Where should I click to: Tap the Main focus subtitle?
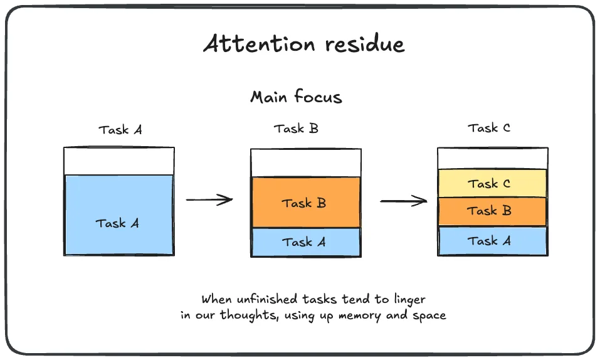(x=296, y=97)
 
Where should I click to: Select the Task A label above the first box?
(x=120, y=130)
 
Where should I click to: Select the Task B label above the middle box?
(x=296, y=129)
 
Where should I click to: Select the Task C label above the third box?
(x=489, y=128)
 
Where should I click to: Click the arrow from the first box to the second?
(x=209, y=200)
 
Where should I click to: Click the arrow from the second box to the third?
(x=404, y=201)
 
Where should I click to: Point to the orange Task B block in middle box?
(x=305, y=203)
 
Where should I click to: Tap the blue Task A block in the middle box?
(x=305, y=242)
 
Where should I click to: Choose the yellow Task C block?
(x=492, y=184)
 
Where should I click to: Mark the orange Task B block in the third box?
(x=492, y=211)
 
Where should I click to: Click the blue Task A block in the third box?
(x=492, y=241)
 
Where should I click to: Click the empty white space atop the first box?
(x=118, y=161)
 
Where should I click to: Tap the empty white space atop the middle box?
(x=305, y=163)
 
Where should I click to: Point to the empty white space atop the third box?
(x=492, y=159)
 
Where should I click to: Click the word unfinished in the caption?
(x=260, y=299)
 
